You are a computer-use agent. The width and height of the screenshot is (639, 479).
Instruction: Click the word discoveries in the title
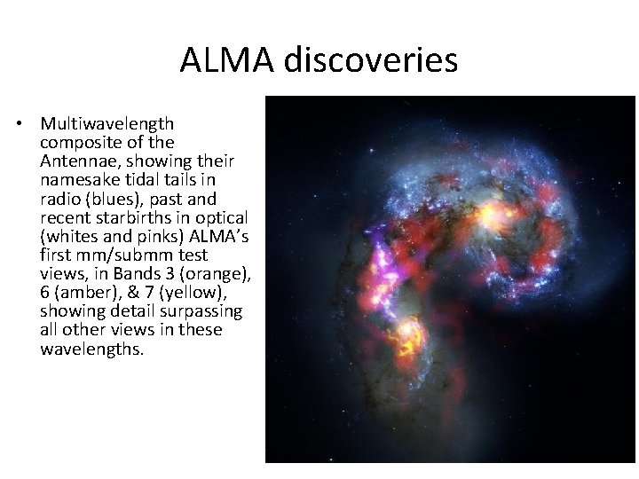[371, 60]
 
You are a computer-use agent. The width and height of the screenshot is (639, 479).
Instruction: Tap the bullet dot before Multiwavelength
[20, 123]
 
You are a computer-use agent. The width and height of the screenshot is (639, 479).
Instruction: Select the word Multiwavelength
[106, 123]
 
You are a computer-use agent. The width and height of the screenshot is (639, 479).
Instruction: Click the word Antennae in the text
[75, 161]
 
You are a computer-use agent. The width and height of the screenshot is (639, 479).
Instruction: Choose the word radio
[60, 198]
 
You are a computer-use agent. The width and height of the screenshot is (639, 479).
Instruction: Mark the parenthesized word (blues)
[112, 198]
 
